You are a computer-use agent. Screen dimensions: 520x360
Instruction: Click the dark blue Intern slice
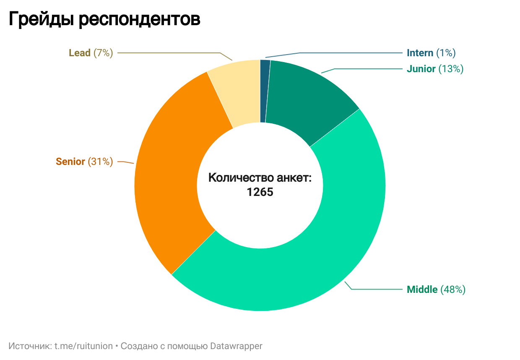pyautogui.click(x=265, y=91)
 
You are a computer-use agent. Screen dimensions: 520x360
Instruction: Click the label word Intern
pyautogui.click(x=420, y=53)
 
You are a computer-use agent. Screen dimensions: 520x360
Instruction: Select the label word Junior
pyautogui.click(x=421, y=69)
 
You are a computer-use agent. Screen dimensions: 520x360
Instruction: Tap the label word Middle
pyautogui.click(x=422, y=290)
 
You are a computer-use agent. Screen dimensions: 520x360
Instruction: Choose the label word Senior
pyautogui.click(x=70, y=162)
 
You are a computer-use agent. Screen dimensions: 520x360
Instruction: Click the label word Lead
pyautogui.click(x=80, y=53)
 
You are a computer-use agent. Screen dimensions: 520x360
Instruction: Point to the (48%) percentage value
pyautogui.click(x=453, y=290)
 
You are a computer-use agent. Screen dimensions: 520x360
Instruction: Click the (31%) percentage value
pyautogui.click(x=100, y=162)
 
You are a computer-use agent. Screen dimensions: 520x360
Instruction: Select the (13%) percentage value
pyautogui.click(x=451, y=69)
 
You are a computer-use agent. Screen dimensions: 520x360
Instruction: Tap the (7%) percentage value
pyautogui.click(x=103, y=53)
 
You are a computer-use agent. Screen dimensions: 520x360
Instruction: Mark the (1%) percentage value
pyautogui.click(x=446, y=53)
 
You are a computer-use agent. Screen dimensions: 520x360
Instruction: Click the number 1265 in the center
pyautogui.click(x=260, y=192)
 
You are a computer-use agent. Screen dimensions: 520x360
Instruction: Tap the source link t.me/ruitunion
pyautogui.click(x=83, y=346)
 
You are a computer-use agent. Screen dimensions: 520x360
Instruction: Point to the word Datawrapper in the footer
pyautogui.click(x=237, y=346)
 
